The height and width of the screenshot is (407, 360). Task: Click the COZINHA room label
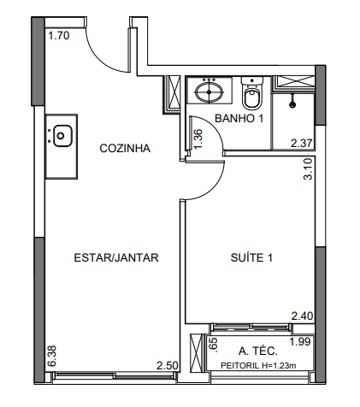pyautogui.click(x=125, y=149)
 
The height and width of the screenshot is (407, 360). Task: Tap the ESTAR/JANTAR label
pyautogui.click(x=116, y=257)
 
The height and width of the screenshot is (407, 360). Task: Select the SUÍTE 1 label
pyautogui.click(x=251, y=257)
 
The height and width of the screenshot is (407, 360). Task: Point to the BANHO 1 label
pyautogui.click(x=239, y=118)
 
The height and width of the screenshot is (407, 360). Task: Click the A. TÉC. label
pyautogui.click(x=258, y=351)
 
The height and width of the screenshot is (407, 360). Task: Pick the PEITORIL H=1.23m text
pyautogui.click(x=258, y=366)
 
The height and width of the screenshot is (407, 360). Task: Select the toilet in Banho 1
pyautogui.click(x=251, y=93)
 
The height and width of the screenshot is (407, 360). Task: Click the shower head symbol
pyautogui.click(x=292, y=104)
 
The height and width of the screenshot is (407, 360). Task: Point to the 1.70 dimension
pyautogui.click(x=59, y=36)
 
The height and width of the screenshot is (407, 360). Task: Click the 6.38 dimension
pyautogui.click(x=52, y=357)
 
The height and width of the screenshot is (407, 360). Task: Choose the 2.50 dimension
pyautogui.click(x=168, y=366)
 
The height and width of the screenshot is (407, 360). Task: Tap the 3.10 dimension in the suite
pyautogui.click(x=309, y=169)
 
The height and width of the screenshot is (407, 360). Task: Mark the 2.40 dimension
pyautogui.click(x=302, y=316)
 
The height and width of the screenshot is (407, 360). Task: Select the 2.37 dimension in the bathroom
pyautogui.click(x=302, y=143)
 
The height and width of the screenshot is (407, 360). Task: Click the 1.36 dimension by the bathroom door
pyautogui.click(x=198, y=139)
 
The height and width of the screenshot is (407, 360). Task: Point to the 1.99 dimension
pyautogui.click(x=300, y=341)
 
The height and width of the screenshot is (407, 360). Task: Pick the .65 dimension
pyautogui.click(x=214, y=345)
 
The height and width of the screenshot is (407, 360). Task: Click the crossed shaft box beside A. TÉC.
pyautogui.click(x=197, y=352)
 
